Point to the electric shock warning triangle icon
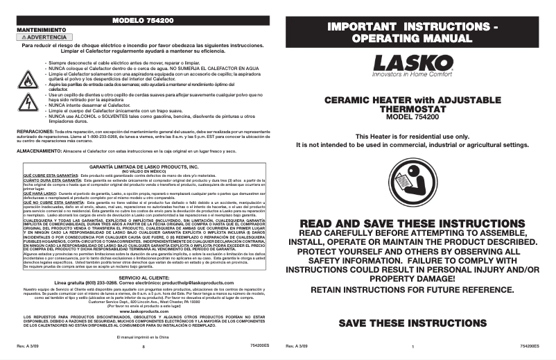point(27,102)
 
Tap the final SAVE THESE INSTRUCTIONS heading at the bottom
point(412,323)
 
